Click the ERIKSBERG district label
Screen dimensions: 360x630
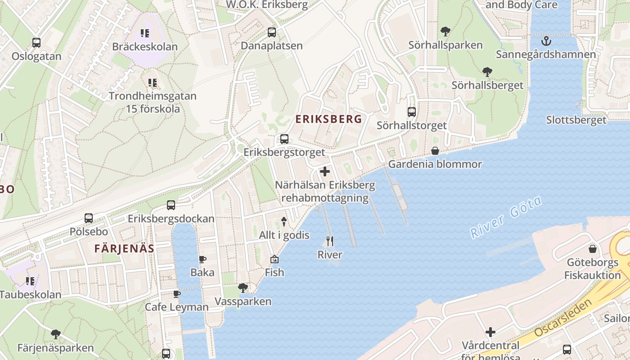pyautogui.click(x=328, y=119)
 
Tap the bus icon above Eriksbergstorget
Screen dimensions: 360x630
pyautogui.click(x=284, y=139)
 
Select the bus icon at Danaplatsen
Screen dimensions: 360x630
pyautogui.click(x=271, y=32)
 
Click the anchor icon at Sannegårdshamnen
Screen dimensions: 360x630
pyautogui.click(x=546, y=41)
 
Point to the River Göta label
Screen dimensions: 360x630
pyautogui.click(x=506, y=218)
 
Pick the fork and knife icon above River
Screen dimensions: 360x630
pyautogui.click(x=330, y=241)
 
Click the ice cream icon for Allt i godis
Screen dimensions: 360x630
pyautogui.click(x=284, y=221)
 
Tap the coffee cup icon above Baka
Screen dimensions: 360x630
pyautogui.click(x=202, y=259)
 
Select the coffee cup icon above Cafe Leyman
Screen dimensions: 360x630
pyautogui.click(x=177, y=294)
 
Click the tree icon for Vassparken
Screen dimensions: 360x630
pyautogui.click(x=243, y=288)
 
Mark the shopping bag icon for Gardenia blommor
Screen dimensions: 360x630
pyautogui.click(x=435, y=151)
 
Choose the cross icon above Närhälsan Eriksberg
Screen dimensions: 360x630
pyautogui.click(x=324, y=171)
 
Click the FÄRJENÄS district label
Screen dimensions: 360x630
pyautogui.click(x=124, y=248)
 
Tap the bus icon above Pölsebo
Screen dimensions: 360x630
pyautogui.click(x=89, y=218)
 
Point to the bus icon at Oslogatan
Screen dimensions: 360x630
pyautogui.click(x=36, y=43)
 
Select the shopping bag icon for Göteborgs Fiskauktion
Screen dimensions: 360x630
pyautogui.click(x=593, y=249)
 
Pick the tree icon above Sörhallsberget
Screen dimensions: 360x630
pyautogui.click(x=487, y=72)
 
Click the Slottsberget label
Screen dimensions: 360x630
pyautogui.click(x=576, y=120)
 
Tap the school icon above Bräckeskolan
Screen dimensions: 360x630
pyautogui.click(x=144, y=33)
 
